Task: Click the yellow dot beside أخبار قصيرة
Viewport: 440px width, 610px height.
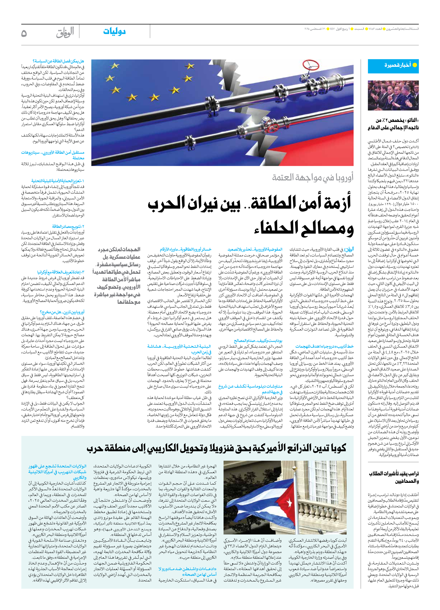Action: pyautogui.click(x=415, y=65)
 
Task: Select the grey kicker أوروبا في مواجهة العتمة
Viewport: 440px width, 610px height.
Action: pyautogui.click(x=313, y=177)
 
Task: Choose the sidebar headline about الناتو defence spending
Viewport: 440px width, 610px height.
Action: pyautogui.click(x=393, y=124)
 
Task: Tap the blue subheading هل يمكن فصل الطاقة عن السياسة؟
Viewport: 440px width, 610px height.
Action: pyautogui.click(x=58, y=61)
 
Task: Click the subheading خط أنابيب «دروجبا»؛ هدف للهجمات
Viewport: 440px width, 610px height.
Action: pyautogui.click(x=324, y=346)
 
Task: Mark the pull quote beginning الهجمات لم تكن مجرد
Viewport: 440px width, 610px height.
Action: pyautogui.click(x=117, y=276)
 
